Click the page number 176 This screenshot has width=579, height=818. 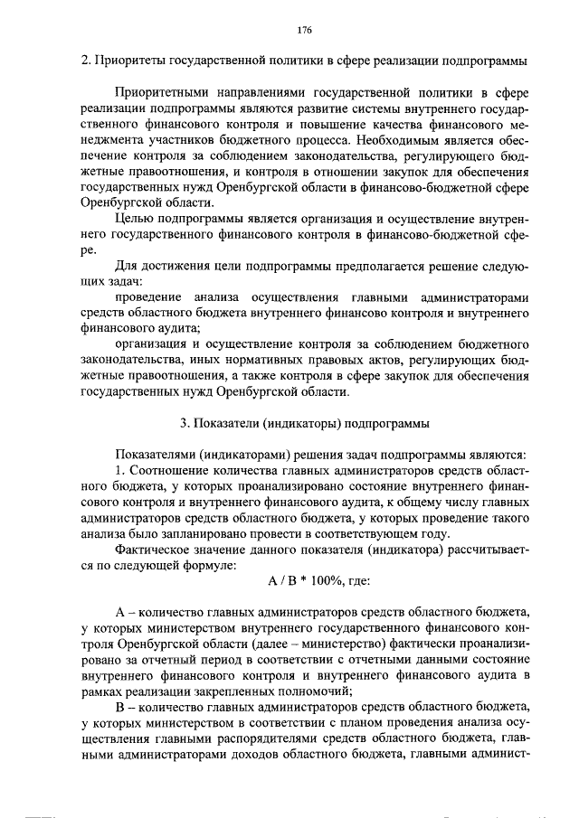click(303, 30)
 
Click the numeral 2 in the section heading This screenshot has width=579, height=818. click(84, 61)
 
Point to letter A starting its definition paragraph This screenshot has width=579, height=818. click(120, 613)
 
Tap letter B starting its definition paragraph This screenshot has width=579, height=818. click(120, 707)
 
